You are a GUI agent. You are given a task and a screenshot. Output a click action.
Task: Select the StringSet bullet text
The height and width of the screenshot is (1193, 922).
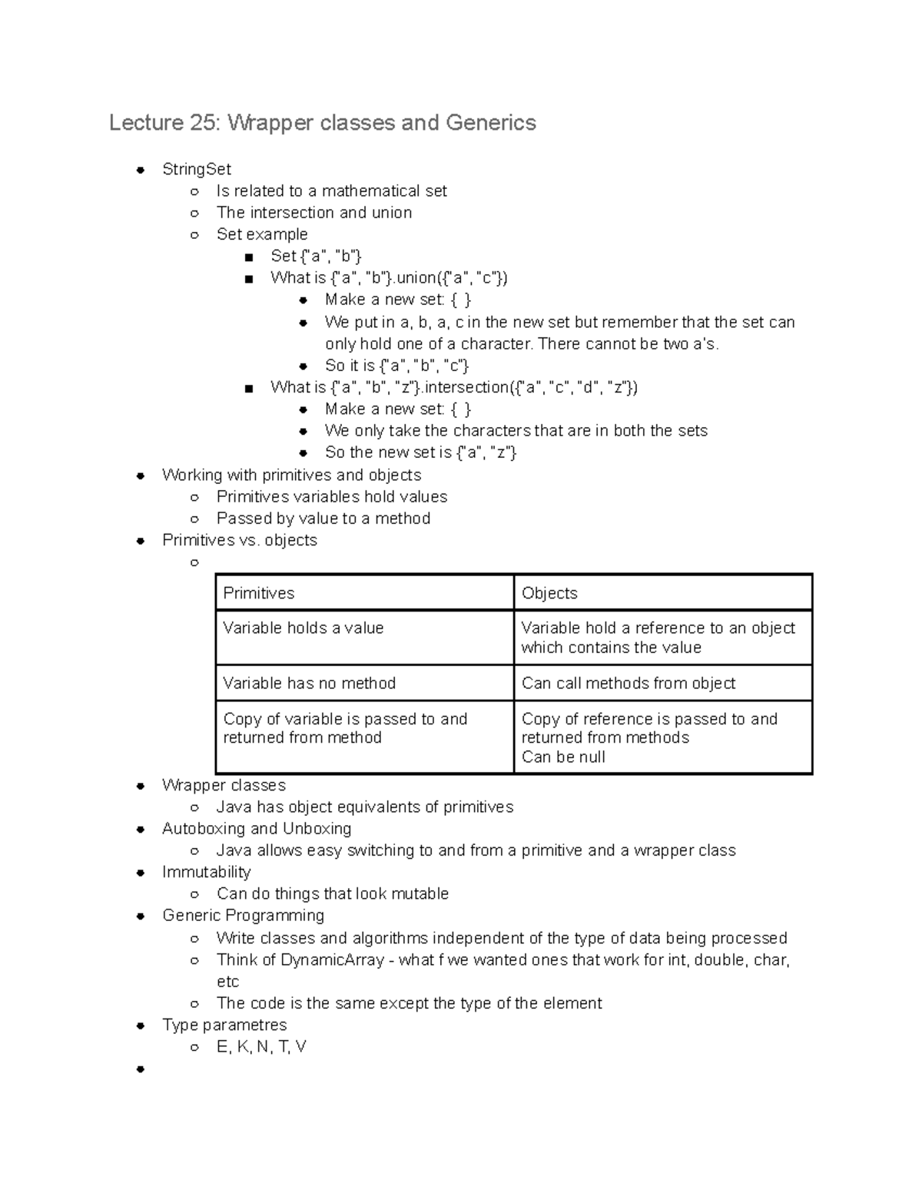click(x=197, y=169)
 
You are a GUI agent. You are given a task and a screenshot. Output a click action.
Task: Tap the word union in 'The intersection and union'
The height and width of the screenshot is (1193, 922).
click(x=392, y=213)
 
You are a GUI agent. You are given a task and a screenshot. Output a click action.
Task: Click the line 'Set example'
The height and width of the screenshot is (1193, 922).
click(x=262, y=234)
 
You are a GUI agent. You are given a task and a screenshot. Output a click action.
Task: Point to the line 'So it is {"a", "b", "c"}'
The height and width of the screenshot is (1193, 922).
click(x=396, y=366)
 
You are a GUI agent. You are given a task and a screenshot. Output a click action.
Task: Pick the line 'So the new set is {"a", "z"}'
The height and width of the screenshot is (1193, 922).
click(x=420, y=452)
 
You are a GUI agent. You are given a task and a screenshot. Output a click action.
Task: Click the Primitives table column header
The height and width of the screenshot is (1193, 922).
click(x=259, y=593)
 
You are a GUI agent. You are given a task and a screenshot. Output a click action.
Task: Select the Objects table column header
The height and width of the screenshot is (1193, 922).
click(x=549, y=593)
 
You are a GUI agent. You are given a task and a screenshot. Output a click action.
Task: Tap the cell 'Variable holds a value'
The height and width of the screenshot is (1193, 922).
click(x=303, y=628)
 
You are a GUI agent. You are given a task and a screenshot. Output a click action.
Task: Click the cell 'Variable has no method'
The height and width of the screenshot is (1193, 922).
click(x=310, y=684)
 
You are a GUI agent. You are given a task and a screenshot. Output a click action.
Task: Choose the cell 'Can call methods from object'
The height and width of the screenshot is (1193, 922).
click(x=628, y=684)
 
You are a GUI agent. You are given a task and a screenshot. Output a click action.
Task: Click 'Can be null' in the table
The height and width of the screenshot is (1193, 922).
click(x=563, y=757)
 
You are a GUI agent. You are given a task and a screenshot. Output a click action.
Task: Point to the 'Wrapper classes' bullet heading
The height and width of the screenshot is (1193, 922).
click(x=224, y=785)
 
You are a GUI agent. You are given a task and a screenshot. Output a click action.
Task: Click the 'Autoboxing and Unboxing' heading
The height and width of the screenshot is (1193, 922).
click(x=257, y=829)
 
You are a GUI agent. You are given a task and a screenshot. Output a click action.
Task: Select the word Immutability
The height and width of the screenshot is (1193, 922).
click(x=207, y=873)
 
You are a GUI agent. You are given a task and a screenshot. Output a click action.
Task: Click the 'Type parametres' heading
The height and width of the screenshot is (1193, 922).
click(x=224, y=1026)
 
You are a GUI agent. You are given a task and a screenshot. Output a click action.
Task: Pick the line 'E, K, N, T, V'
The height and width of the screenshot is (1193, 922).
click(x=261, y=1047)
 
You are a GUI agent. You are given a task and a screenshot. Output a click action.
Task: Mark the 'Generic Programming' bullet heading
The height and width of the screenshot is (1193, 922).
click(x=243, y=916)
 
